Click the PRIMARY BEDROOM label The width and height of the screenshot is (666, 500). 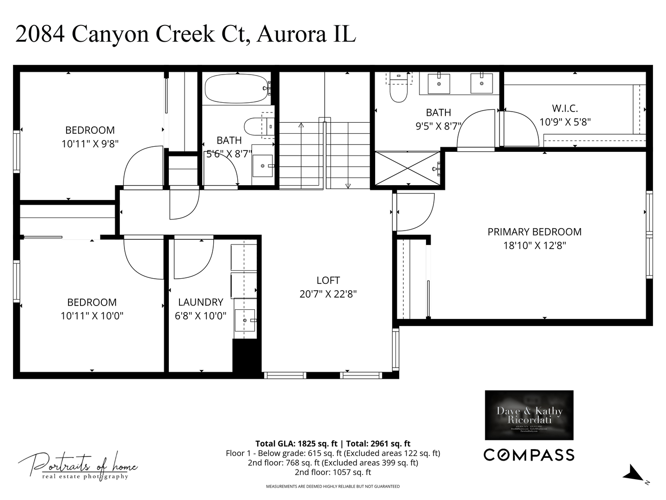[534, 232]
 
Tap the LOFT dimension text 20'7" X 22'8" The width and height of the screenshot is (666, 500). [328, 294]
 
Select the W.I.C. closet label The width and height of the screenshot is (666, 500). [565, 109]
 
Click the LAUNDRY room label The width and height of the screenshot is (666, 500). [200, 302]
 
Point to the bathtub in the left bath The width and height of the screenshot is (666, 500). [236, 89]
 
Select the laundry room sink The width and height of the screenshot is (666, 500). [245, 320]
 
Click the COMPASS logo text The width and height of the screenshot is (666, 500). [529, 455]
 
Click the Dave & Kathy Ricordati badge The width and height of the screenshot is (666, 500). [529, 415]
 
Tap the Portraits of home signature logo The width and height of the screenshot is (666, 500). [78, 464]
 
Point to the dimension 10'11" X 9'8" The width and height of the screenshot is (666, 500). [90, 144]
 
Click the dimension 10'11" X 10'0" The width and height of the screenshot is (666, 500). [92, 316]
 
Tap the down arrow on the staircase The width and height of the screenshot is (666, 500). [348, 186]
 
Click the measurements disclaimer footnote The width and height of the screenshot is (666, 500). [333, 487]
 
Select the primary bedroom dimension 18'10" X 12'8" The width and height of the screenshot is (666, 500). [534, 245]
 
